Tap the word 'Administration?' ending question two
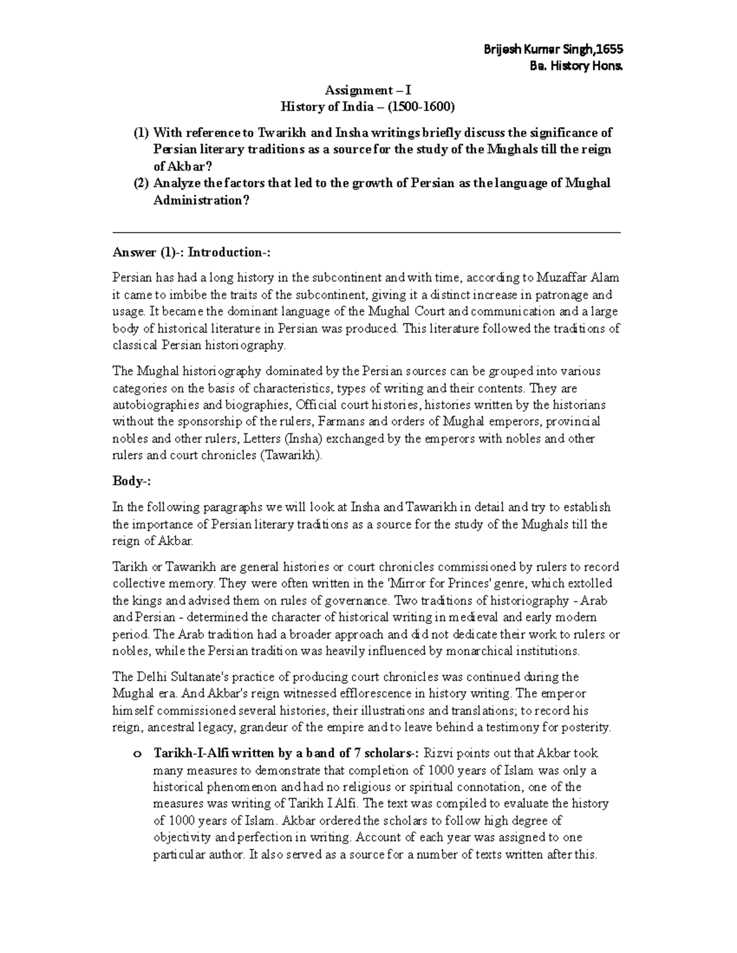(x=201, y=200)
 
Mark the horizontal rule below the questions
(x=367, y=233)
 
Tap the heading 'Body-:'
(x=130, y=481)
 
